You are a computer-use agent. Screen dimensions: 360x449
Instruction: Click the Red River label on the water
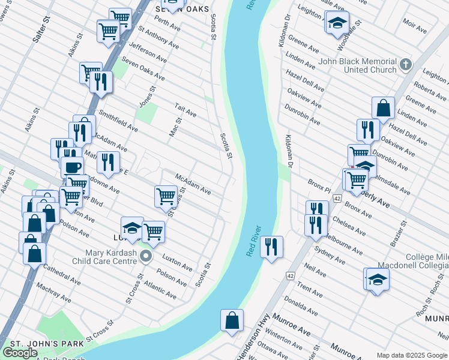pos(254,241)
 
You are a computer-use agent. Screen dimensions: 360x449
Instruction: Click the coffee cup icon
pos(73,167)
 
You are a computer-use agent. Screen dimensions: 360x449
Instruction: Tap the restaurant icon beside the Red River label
pos(272,246)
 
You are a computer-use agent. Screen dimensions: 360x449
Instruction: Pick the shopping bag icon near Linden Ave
pos(383,108)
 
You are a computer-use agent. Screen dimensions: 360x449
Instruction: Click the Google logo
pos(20,353)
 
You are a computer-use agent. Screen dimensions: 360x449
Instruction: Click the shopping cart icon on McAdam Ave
pos(165,195)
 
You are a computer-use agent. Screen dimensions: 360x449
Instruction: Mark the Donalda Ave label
pos(301,305)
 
